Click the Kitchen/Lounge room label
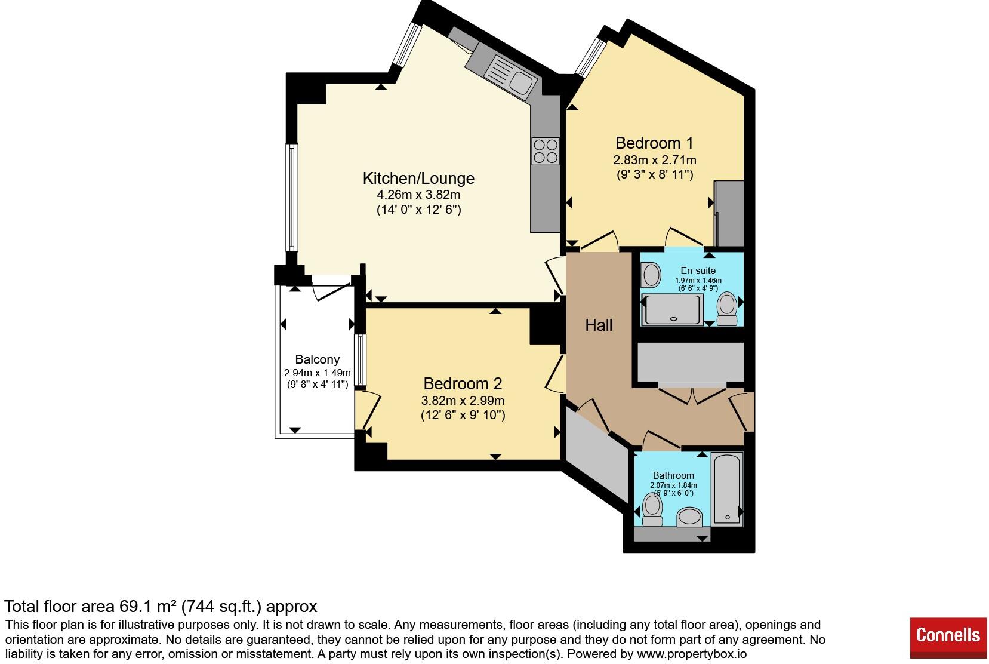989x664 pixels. click(418, 179)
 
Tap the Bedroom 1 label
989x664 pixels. click(654, 143)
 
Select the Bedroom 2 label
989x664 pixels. click(463, 383)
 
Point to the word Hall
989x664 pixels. click(599, 325)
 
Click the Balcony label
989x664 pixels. click(318, 359)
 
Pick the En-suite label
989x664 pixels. click(698, 270)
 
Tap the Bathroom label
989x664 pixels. click(673, 475)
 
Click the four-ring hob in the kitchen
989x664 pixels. click(546, 151)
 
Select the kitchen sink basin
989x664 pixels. click(521, 83)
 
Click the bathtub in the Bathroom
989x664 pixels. click(727, 488)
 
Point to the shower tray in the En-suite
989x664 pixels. click(672, 310)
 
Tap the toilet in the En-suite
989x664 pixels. click(727, 308)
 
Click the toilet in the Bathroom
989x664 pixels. click(652, 509)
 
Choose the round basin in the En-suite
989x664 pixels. click(651, 275)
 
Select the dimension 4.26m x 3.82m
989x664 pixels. click(418, 195)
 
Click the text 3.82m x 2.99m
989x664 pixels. click(463, 401)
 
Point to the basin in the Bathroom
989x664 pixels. click(689, 517)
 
